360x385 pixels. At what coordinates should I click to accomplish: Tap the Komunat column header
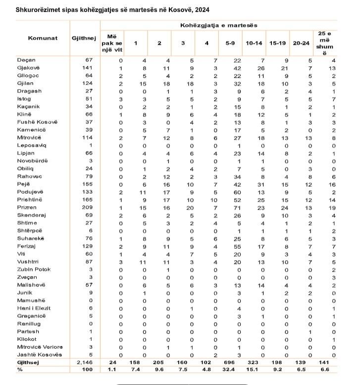click(x=43, y=38)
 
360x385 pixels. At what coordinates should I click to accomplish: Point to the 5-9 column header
click(x=230, y=44)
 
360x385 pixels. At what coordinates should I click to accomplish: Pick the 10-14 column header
click(x=254, y=44)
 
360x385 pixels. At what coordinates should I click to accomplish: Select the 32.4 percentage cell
click(x=230, y=370)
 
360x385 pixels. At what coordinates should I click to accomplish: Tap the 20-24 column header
click(x=301, y=44)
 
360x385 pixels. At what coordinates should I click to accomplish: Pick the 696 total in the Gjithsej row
click(x=230, y=363)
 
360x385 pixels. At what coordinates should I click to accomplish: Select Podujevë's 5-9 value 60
click(x=230, y=191)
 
